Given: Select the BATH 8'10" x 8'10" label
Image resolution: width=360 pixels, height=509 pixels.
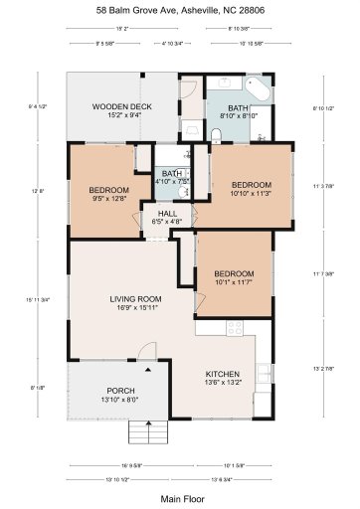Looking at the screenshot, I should [238, 111].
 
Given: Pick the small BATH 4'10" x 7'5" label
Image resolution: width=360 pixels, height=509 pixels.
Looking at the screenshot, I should [172, 178].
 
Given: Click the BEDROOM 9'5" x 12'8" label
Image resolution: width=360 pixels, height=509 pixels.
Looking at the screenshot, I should [108, 194].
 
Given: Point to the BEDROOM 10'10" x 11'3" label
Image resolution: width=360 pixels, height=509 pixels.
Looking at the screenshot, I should [252, 189].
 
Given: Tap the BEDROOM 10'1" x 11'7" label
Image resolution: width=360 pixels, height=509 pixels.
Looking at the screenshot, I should [234, 277].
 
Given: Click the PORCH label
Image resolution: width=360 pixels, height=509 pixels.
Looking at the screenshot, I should [120, 394].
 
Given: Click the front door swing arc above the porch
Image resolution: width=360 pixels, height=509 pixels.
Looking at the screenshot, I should [148, 354].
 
